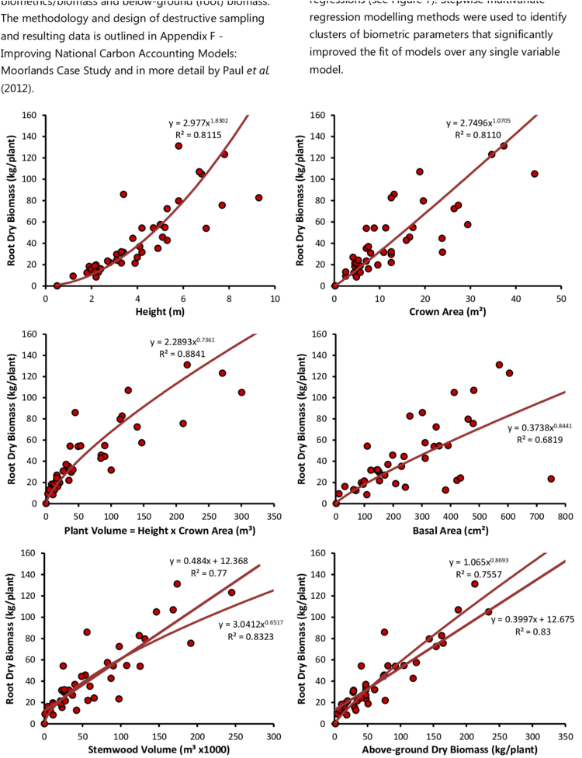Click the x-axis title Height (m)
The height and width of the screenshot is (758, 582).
(x=160, y=312)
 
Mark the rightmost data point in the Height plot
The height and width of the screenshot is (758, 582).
(x=259, y=198)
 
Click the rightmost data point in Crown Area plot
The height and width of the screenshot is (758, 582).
(x=534, y=174)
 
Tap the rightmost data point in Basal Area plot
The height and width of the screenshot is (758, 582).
(x=551, y=479)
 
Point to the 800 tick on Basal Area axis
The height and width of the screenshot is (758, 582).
(x=564, y=516)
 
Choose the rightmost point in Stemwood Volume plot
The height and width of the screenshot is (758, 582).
(x=231, y=592)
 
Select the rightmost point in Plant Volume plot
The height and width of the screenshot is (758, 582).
(x=241, y=393)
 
